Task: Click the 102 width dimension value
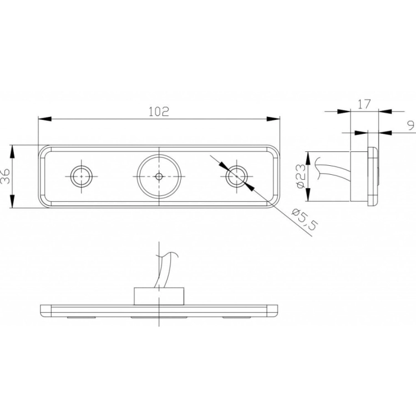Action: coord(159,111)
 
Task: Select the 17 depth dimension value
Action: coord(364,103)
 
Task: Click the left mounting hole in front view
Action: coord(82,176)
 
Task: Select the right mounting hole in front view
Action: coord(237,176)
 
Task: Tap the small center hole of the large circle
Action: coord(159,176)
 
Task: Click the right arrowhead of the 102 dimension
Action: coord(273,119)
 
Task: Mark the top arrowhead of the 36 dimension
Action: coord(12,150)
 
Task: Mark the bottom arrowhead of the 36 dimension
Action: coord(12,204)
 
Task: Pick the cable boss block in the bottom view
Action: coord(159,297)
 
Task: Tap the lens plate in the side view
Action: coord(373,176)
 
